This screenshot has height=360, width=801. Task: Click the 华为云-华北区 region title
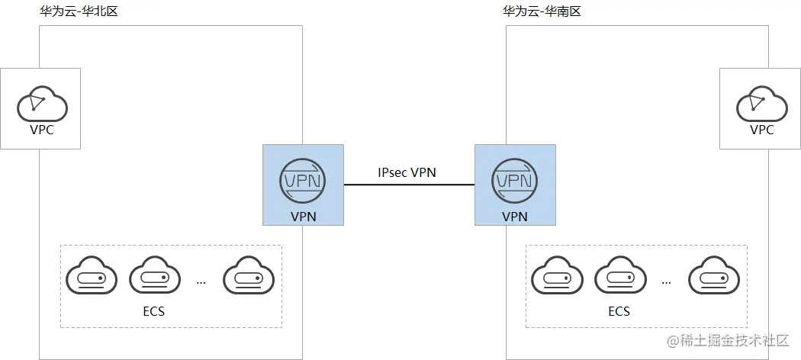(79, 12)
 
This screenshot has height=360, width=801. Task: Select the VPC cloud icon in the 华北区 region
(41, 104)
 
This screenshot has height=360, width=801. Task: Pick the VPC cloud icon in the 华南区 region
(761, 104)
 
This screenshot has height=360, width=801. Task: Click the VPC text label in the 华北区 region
(41, 130)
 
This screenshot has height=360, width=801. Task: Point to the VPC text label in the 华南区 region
(761, 130)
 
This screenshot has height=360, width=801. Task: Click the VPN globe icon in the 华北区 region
(303, 181)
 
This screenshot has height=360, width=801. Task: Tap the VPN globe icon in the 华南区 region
(515, 181)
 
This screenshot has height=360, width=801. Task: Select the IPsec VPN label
(407, 172)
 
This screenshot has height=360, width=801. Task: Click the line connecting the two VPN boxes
(408, 185)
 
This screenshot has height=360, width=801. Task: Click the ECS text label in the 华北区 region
(153, 311)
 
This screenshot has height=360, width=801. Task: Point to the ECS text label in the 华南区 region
(619, 311)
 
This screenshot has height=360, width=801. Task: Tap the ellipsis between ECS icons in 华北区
(201, 282)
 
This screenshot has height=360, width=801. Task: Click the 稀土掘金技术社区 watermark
(728, 341)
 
